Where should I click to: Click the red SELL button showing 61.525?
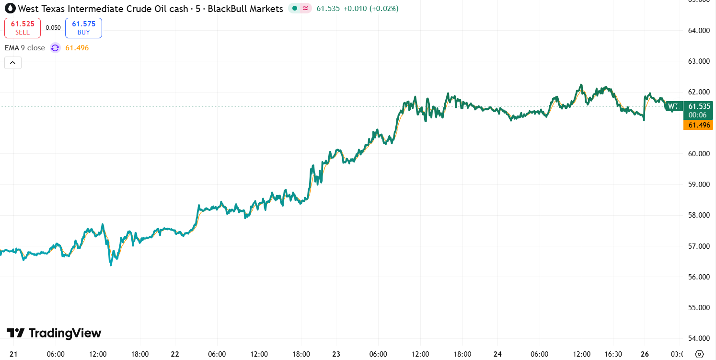pos(23,28)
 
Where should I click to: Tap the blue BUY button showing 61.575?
pos(83,28)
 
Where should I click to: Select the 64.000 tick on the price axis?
pos(698,31)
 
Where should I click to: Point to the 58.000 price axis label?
pos(698,215)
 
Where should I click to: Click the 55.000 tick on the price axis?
pos(698,307)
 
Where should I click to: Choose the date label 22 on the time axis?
pos(175,354)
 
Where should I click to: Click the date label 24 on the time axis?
pos(498,354)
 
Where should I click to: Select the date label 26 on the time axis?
pos(645,354)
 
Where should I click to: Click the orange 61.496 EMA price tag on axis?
pos(698,125)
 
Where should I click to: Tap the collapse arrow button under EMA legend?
pos(13,63)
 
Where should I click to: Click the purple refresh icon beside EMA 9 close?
pos(55,48)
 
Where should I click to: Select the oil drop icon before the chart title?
pos(10,9)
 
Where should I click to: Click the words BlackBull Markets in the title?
pos(252,9)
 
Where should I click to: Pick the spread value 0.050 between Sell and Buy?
pos(53,28)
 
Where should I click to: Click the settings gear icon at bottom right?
pos(699,354)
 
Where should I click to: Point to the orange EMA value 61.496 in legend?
pos(77,48)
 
